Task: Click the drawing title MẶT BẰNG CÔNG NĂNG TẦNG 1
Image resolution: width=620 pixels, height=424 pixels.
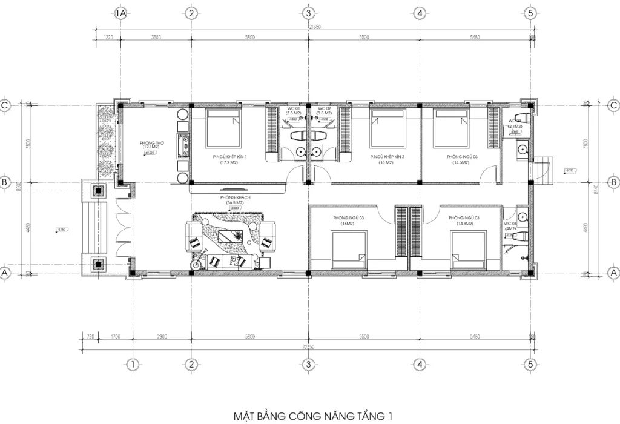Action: pyautogui.click(x=313, y=416)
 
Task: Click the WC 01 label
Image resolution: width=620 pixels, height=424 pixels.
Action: pyautogui.click(x=293, y=109)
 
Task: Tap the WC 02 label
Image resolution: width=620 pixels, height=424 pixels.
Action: pyautogui.click(x=324, y=109)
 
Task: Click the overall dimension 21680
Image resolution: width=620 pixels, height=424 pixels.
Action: pyautogui.click(x=315, y=27)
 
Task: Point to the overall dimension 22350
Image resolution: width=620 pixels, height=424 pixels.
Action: pyautogui.click(x=309, y=347)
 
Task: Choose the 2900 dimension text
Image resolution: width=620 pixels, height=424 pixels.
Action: pyautogui.click(x=162, y=336)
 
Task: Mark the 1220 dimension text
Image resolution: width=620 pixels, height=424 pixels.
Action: pyautogui.click(x=109, y=38)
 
